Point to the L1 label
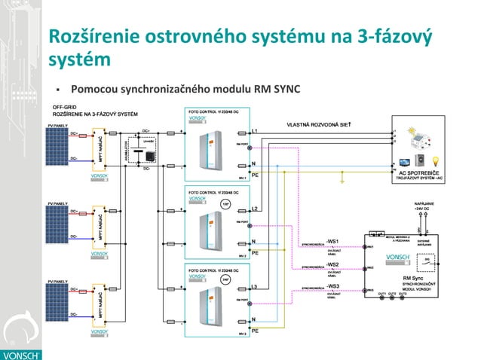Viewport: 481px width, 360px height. pyautogui.click(x=255, y=132)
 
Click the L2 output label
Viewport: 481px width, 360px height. pyautogui.click(x=255, y=209)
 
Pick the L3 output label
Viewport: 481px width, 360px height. pyautogui.click(x=255, y=287)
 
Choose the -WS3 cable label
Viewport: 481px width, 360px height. pyautogui.click(x=332, y=286)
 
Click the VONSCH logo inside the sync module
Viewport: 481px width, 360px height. pyautogui.click(x=397, y=258)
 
